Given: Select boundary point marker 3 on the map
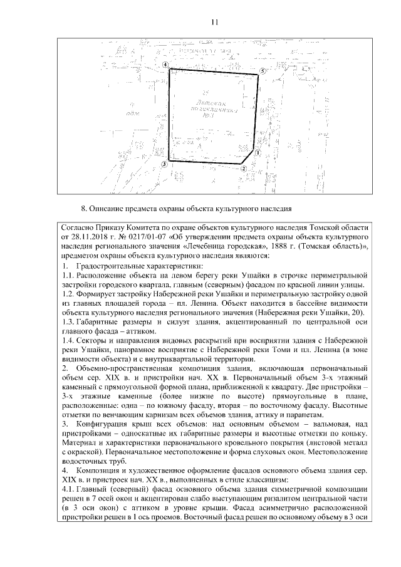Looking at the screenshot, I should pyautogui.click(x=164, y=164).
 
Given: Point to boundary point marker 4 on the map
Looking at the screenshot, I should pyautogui.click(x=165, y=65).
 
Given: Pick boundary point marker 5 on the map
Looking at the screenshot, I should pyautogui.click(x=263, y=71).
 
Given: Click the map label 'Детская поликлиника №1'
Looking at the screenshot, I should pyautogui.click(x=214, y=107).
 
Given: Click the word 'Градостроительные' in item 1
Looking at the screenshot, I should pyautogui.click(x=113, y=266).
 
